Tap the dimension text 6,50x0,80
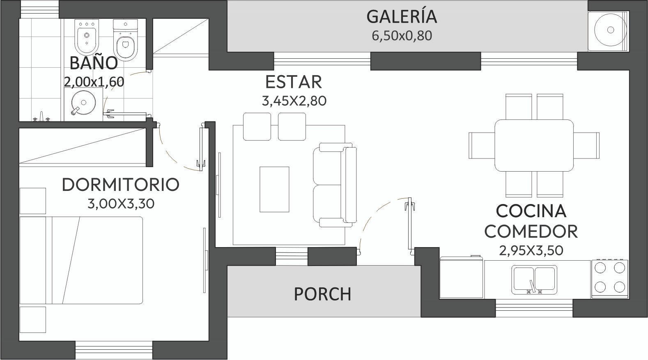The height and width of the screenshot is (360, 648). point(402,36)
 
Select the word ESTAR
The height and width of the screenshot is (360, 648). point(293,82)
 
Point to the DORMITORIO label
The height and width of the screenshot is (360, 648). point(121,184)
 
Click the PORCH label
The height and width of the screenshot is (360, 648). point(322,294)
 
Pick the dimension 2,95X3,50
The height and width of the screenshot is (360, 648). point(531,251)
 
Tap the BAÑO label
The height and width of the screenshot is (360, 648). point(94,63)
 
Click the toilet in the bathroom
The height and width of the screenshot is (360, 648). point(125,40)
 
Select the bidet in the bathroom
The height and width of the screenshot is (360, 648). point(87,37)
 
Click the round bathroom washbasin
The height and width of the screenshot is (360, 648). point(83,102)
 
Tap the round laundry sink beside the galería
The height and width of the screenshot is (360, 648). point(610,30)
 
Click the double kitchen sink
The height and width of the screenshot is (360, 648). point(534,280)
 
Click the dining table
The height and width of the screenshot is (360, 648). point(534,145)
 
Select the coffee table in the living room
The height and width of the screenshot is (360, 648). point(274,189)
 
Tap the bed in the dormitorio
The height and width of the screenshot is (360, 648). point(81,260)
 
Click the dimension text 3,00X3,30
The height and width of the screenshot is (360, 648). point(121,204)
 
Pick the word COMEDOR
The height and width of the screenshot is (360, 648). point(531,232)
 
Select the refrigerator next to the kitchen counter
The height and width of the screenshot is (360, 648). point(461,277)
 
